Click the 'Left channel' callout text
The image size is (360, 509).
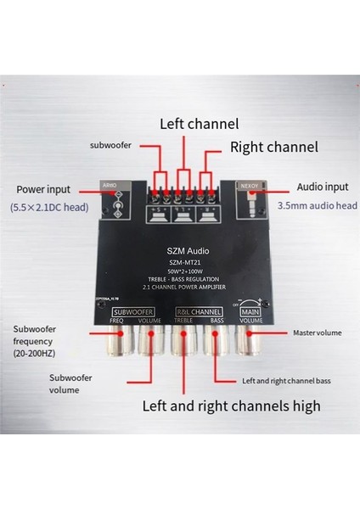pyautogui.click(x=199, y=123)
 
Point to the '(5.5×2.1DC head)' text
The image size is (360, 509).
pyautogui.click(x=49, y=207)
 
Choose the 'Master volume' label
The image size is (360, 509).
pyautogui.click(x=316, y=333)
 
